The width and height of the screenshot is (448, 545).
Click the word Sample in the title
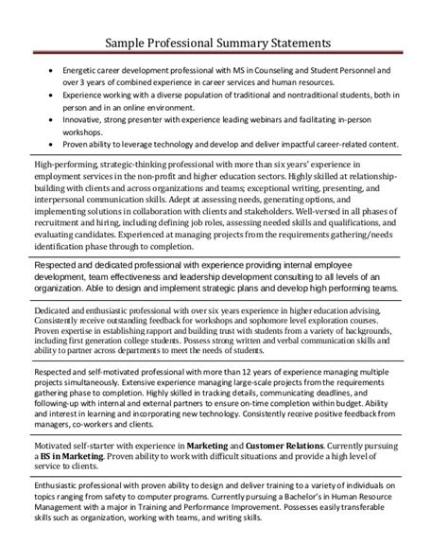[x=128, y=43]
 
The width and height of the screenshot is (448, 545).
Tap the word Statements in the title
[x=295, y=43]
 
